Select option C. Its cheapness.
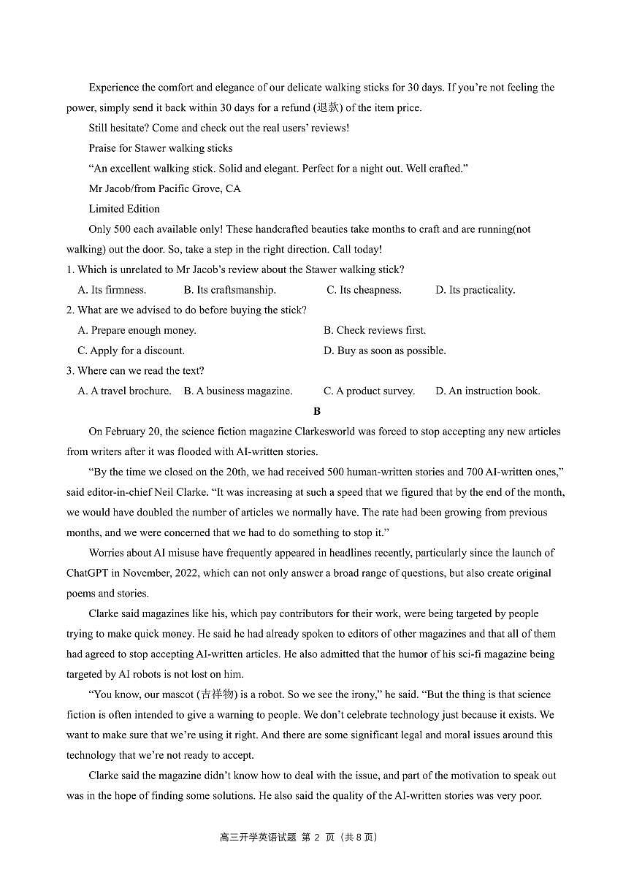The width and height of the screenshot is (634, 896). [364, 290]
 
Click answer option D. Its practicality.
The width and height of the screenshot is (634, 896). [475, 290]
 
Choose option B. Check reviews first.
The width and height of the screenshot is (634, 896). [375, 330]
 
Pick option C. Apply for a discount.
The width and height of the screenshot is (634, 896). [131, 351]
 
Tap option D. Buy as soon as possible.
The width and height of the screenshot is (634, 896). [384, 351]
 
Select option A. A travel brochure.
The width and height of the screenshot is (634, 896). [124, 391]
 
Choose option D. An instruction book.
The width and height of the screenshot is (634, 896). [487, 391]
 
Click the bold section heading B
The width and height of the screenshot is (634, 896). [317, 411]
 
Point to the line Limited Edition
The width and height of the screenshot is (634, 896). [124, 209]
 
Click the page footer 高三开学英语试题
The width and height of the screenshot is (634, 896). [258, 837]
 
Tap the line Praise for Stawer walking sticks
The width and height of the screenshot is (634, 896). [161, 148]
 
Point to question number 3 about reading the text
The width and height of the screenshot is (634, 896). [70, 371]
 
